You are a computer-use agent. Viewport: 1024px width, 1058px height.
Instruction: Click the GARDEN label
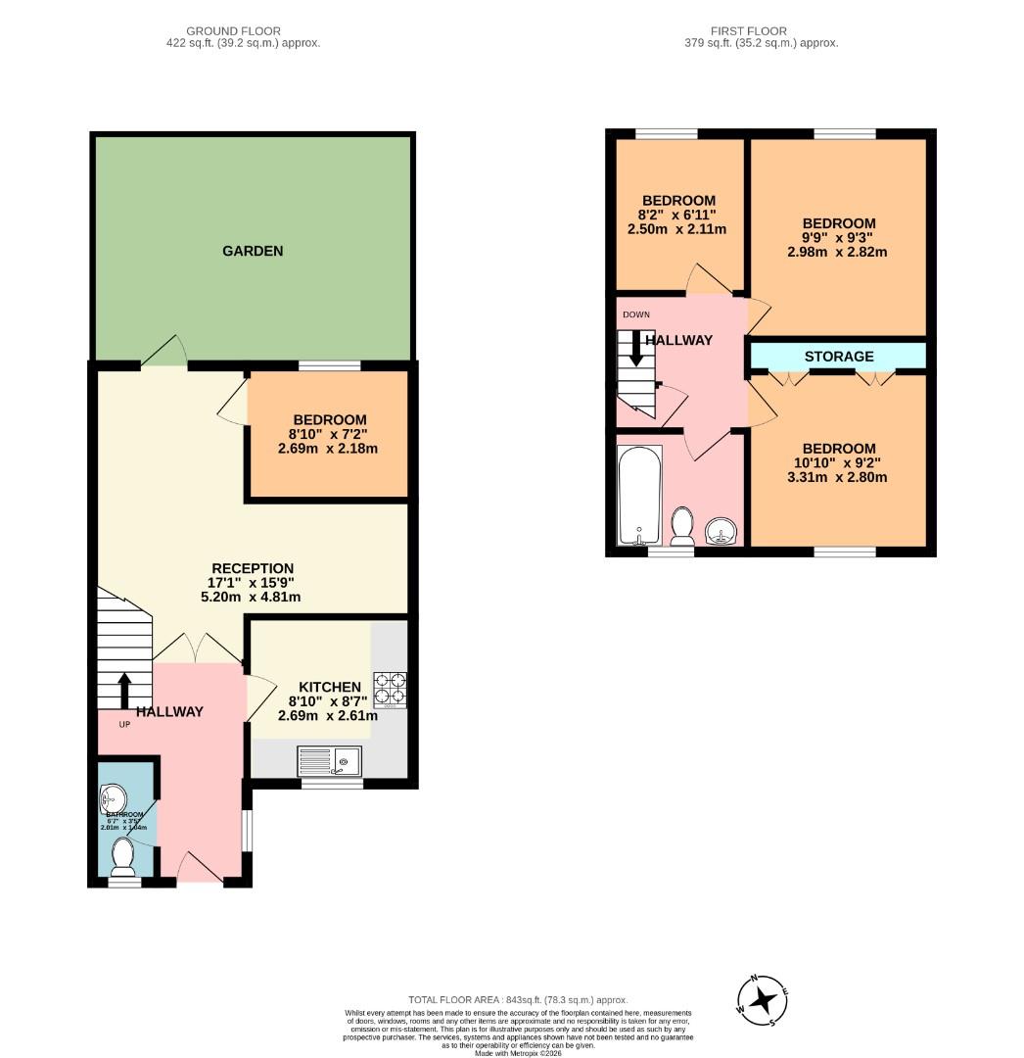[253, 251]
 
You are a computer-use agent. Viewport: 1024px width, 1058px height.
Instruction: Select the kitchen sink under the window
[330, 760]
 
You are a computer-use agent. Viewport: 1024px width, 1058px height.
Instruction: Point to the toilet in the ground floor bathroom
[123, 856]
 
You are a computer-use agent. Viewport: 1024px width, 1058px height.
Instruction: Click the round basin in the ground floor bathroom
[114, 796]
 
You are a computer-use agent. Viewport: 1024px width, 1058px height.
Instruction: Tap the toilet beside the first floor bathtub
[682, 527]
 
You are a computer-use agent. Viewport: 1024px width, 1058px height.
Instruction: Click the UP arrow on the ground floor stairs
[124, 689]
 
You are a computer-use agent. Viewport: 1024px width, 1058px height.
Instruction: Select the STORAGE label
[839, 357]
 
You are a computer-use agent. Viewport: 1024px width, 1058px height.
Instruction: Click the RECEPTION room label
[254, 568]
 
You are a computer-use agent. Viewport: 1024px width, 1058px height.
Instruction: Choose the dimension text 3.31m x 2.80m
[839, 478]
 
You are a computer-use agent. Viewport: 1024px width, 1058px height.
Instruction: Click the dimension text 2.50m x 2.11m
[677, 229]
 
